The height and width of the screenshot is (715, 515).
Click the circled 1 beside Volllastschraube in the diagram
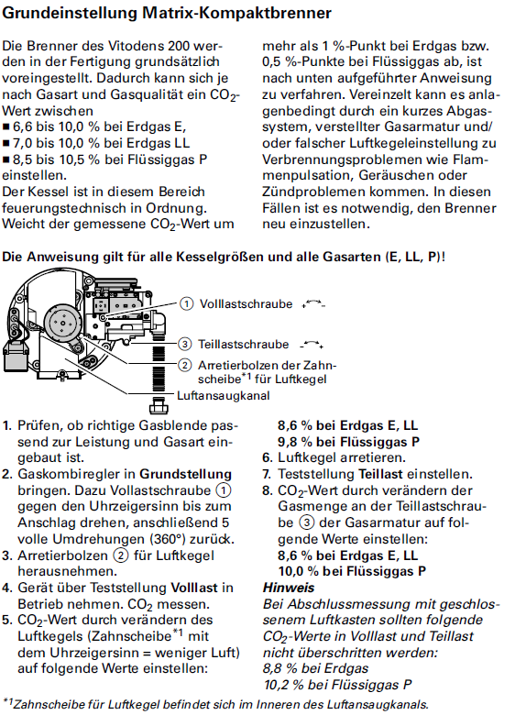tap(186, 303)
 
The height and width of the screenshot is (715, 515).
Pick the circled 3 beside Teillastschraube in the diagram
tap(185, 344)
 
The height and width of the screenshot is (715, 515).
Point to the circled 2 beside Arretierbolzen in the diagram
tap(185, 364)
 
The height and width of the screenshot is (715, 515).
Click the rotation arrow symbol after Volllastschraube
tap(312, 302)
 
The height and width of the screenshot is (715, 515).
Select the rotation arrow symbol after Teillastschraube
tap(312, 344)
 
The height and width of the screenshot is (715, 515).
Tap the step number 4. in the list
tap(8, 588)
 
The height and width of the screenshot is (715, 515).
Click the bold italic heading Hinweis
tap(289, 588)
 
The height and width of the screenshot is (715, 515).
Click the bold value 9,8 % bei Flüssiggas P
tap(343, 441)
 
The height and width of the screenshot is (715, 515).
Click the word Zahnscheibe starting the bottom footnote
tap(50, 704)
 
